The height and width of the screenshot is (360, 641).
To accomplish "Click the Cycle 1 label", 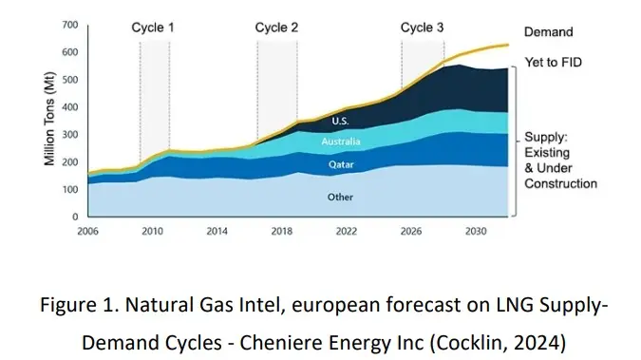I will coord(153,28).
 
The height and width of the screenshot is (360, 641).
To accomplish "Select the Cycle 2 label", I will coord(276,28).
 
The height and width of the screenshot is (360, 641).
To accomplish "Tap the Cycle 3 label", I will coord(422,28).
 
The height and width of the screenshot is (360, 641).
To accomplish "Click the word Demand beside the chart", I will coord(549,32).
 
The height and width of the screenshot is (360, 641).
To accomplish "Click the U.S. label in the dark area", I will coord(341,121).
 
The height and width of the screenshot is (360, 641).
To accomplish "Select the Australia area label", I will coord(339,142).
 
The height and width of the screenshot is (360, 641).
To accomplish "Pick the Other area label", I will coord(339,199).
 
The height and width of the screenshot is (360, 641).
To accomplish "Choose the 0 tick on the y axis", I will coord(76,218).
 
